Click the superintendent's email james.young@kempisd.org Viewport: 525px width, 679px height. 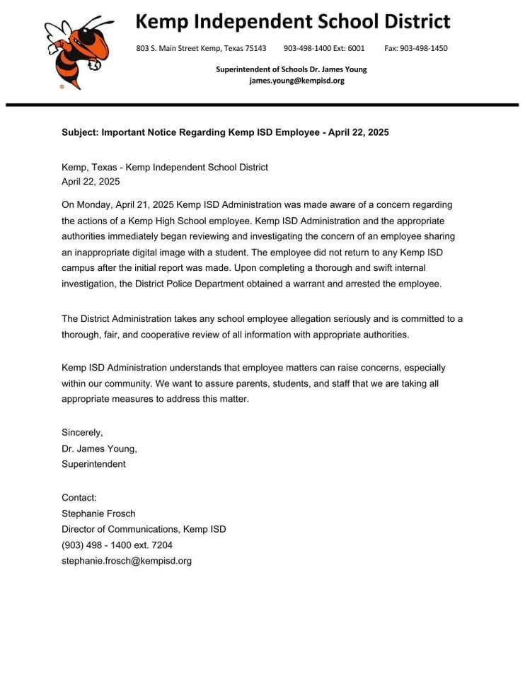tap(296, 81)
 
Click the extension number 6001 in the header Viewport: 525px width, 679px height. tap(356, 48)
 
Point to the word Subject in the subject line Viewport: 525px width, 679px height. tap(79, 132)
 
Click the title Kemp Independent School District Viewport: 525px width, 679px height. tap(292, 21)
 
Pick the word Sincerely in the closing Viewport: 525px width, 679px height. tap(82, 432)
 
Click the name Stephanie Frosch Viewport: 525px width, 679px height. tap(98, 513)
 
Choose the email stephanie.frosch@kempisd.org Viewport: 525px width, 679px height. tap(127, 561)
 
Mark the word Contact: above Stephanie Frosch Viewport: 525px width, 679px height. tap(79, 498)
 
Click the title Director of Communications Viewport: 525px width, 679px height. tap(120, 529)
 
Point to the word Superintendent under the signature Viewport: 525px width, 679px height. tap(93, 464)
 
